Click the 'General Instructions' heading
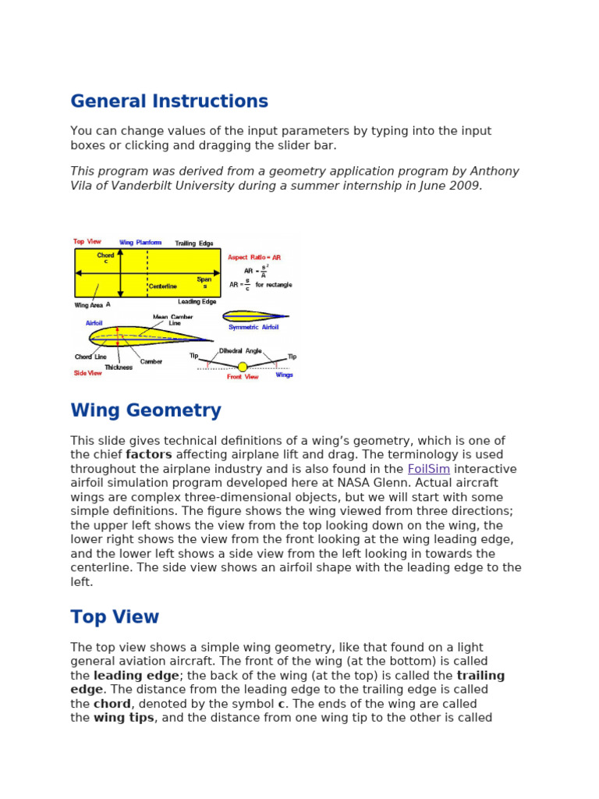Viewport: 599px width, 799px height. click(169, 101)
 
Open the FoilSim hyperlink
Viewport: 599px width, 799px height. click(428, 469)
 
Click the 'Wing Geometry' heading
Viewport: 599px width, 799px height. click(146, 410)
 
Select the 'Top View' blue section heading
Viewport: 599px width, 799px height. click(115, 617)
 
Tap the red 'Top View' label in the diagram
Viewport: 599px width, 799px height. click(87, 242)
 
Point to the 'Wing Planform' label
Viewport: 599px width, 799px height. click(140, 243)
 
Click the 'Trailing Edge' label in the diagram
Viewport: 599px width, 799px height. click(193, 243)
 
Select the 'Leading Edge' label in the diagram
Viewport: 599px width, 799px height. click(197, 301)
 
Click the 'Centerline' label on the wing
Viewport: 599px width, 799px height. click(163, 286)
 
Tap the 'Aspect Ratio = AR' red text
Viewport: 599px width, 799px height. click(253, 257)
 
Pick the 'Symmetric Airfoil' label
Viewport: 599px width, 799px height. click(254, 328)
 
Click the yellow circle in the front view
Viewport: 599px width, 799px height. click(243, 367)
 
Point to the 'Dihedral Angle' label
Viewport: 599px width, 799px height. click(240, 351)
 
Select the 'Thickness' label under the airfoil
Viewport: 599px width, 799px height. click(119, 367)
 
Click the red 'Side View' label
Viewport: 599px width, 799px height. click(87, 374)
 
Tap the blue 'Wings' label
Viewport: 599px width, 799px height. click(284, 375)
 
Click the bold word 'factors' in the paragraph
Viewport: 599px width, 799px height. click(149, 455)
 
